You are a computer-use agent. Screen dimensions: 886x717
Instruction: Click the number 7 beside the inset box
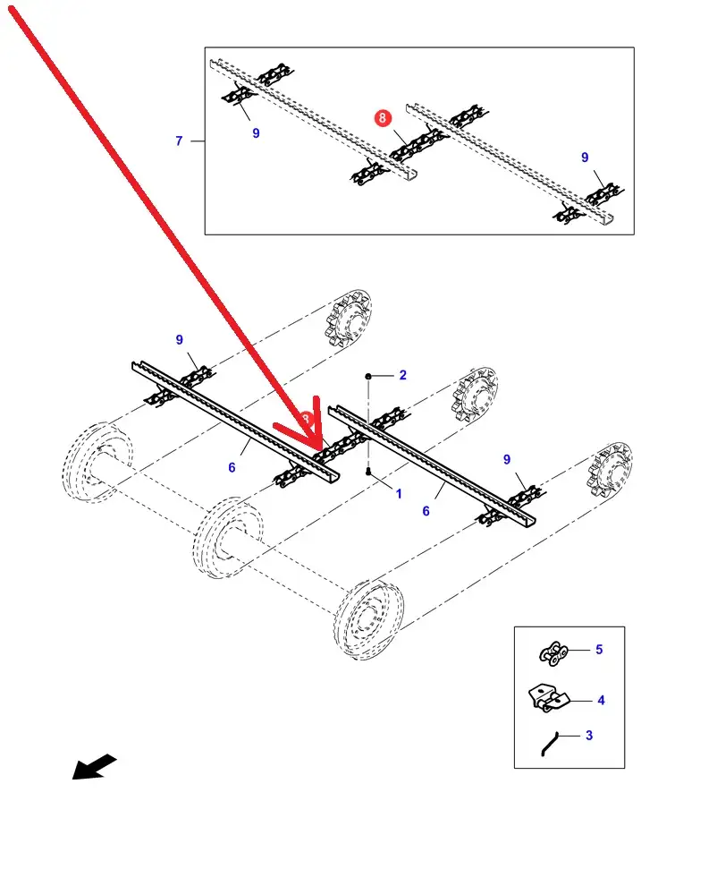179,141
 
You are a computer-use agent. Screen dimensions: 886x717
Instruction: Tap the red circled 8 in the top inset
383,118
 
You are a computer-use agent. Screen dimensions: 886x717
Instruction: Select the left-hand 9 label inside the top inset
256,133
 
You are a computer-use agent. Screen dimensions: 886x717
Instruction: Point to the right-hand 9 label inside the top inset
585,158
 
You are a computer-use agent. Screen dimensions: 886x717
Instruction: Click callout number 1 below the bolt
399,493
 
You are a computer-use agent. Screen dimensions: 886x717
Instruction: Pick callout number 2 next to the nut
402,375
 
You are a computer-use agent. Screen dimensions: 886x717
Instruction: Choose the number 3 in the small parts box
588,736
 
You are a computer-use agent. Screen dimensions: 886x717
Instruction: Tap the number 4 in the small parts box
601,700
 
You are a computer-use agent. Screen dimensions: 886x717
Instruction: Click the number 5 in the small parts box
599,650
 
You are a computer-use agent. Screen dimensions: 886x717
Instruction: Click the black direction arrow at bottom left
94,767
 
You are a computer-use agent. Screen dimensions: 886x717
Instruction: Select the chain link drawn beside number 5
554,653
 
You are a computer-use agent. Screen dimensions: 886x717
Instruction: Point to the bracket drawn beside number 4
546,698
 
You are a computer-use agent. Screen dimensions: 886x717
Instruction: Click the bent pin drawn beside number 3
549,743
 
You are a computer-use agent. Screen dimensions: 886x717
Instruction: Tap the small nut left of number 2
368,377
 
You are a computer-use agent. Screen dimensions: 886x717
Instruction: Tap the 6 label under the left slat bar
232,467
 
